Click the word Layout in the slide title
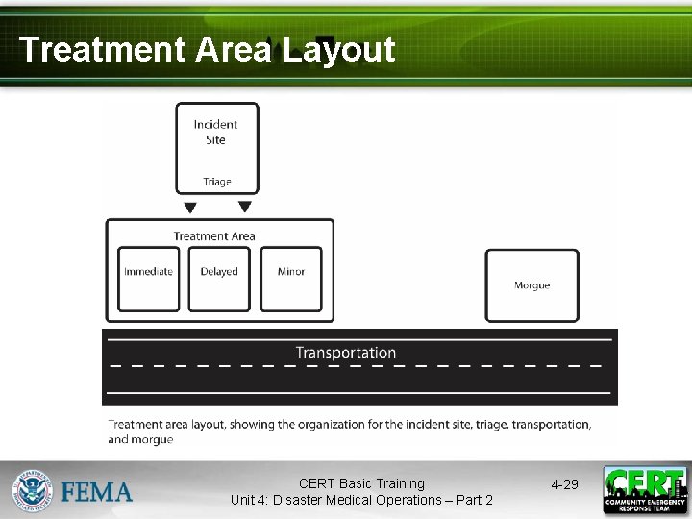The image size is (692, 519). [x=338, y=50]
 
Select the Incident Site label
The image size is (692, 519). [x=215, y=132]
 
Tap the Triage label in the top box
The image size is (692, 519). [x=216, y=182]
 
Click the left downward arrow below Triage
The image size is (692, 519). [x=190, y=207]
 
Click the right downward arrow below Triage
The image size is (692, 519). [x=245, y=207]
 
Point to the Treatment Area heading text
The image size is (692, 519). [x=214, y=236]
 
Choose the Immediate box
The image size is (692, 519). [x=148, y=279]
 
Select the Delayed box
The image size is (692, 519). [x=219, y=279]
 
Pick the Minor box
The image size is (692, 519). [x=291, y=279]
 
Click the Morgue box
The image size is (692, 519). [x=531, y=285]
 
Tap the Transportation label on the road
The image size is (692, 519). [x=345, y=353]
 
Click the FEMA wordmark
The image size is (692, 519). [x=97, y=492]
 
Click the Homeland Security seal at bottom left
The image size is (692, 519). [x=33, y=490]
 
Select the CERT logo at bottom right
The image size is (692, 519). [x=645, y=489]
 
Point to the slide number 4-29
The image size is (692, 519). [x=564, y=484]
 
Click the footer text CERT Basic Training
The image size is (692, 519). [x=361, y=483]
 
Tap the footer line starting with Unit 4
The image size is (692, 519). [x=361, y=500]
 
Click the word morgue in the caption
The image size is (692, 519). [x=154, y=440]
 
